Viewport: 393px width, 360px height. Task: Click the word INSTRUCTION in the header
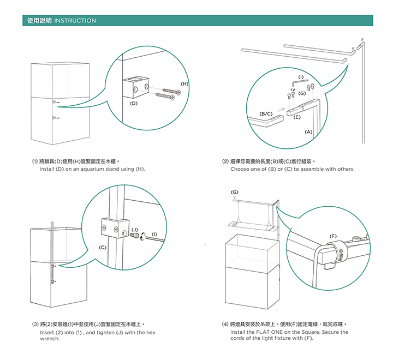(75, 21)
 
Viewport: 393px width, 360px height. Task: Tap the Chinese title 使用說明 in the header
(39, 21)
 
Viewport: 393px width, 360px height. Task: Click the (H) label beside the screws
(184, 83)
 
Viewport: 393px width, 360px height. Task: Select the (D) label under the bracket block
(133, 103)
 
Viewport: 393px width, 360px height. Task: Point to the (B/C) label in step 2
(266, 113)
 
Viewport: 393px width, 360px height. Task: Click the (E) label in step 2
(297, 117)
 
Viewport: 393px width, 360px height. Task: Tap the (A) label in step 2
(308, 131)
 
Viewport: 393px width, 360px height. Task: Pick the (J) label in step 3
(134, 229)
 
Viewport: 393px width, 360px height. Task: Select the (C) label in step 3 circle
(103, 248)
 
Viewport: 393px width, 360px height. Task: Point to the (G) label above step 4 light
(234, 192)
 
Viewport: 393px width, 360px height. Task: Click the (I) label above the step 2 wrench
(301, 76)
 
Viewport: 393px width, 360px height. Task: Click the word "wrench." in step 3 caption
(50, 338)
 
